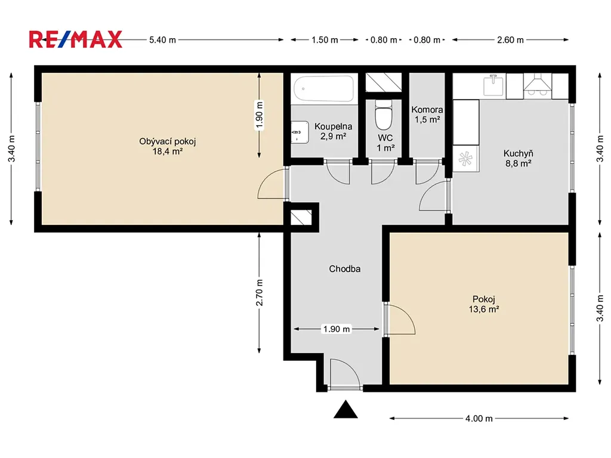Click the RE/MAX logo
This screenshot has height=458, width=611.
tap(76, 39)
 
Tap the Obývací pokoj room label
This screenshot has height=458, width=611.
tap(168, 146)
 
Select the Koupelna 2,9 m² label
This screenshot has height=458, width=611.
tap(333, 131)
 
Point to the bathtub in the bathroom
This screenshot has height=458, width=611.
tap(324, 88)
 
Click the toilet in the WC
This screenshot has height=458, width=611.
tap(384, 115)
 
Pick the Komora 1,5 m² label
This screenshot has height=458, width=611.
tap(427, 114)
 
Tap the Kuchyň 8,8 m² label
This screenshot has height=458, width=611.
tap(519, 159)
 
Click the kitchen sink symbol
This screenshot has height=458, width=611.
tap(493, 85)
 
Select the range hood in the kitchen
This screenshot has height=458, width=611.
tap(538, 84)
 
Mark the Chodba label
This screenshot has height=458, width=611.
tap(345, 269)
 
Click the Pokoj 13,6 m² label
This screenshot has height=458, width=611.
tap(484, 304)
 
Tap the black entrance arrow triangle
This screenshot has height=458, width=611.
tap(345, 409)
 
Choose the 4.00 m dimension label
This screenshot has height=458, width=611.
tap(479, 419)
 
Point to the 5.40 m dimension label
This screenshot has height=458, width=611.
tap(162, 40)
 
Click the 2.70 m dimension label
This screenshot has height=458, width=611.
tap(260, 292)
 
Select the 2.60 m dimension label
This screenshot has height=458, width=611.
tap(511, 40)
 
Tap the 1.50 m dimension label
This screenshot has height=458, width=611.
tap(325, 40)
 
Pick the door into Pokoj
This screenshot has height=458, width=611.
tap(399, 320)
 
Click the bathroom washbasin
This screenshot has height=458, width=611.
tap(300, 132)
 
